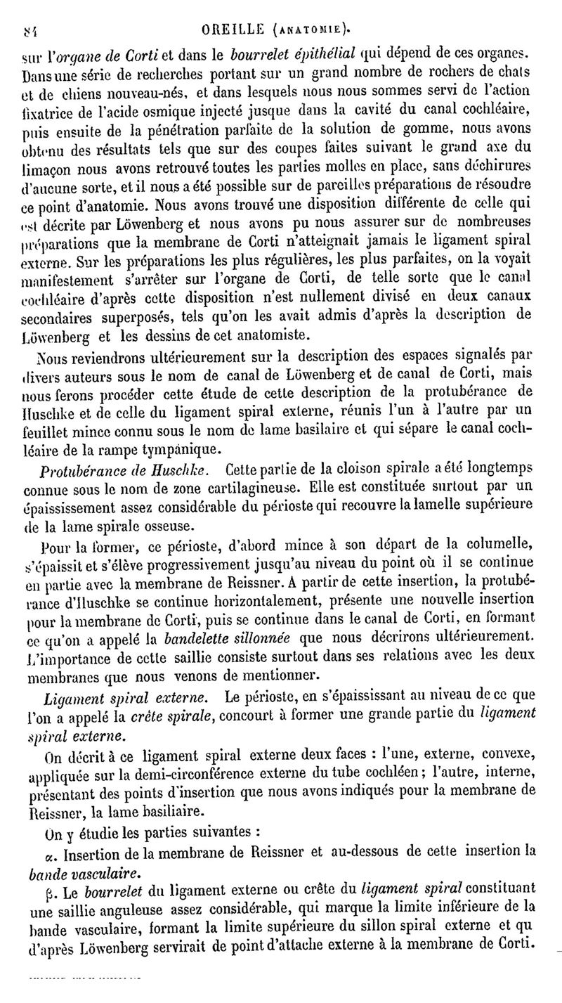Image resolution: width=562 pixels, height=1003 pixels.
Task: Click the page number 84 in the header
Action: (x=30, y=30)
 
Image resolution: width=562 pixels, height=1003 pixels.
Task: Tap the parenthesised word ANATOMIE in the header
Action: (x=311, y=30)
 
